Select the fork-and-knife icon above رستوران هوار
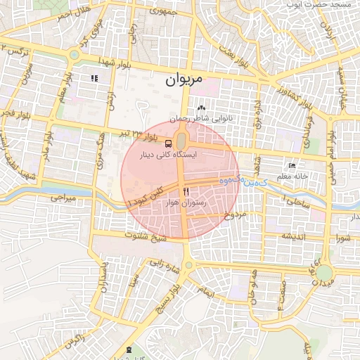[x=186, y=191]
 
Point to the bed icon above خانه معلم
[x=292, y=167]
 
